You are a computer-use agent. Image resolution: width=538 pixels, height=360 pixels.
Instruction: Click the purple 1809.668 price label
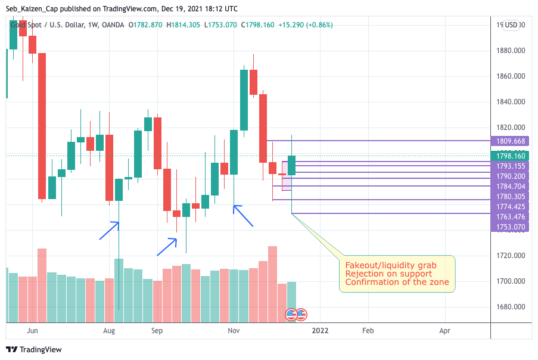pos(511,141)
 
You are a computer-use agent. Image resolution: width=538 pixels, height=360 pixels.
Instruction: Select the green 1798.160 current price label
pos(511,156)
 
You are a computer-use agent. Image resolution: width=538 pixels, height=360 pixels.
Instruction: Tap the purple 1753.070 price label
pos(511,227)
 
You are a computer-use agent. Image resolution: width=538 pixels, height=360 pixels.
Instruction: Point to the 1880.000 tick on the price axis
pos(511,51)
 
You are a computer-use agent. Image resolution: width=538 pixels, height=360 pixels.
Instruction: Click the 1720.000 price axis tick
pos(511,256)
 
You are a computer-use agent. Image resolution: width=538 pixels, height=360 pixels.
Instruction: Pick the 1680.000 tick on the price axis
pos(511,307)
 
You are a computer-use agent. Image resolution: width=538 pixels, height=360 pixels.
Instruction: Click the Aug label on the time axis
pos(108,330)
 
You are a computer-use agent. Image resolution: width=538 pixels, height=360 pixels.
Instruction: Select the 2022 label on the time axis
pos(320,330)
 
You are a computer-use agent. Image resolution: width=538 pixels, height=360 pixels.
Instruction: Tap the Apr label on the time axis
pos(444,330)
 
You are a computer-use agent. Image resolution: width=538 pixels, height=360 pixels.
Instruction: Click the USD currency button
pos(511,25)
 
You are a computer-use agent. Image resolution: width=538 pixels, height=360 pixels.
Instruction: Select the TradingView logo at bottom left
pos(34,350)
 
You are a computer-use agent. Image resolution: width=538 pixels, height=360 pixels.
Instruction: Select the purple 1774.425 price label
pos(511,207)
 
